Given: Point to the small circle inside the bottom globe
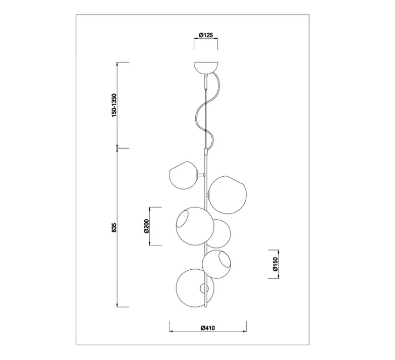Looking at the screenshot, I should point(204,288).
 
